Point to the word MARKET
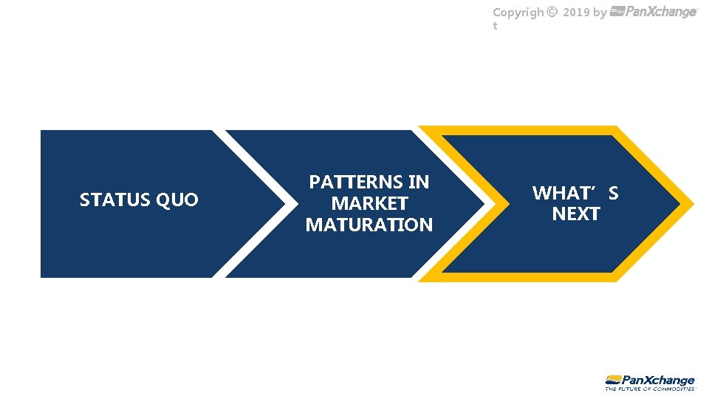[369, 203]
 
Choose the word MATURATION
[369, 225]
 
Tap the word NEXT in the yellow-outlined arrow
[576, 214]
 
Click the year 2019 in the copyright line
[576, 13]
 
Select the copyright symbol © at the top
[552, 13]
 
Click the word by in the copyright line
[600, 13]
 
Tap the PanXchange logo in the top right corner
[654, 12]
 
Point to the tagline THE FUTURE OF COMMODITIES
[650, 388]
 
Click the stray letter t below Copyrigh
[495, 26]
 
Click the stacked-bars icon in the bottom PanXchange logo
[612, 379]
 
